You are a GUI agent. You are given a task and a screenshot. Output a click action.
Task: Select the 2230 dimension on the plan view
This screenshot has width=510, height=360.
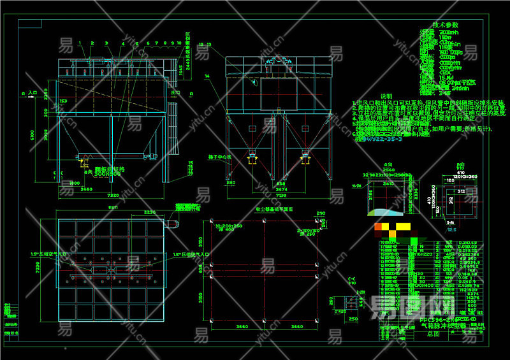tap(150, 213)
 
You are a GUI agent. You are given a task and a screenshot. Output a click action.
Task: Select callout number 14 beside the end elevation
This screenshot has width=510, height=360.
tap(207, 76)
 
